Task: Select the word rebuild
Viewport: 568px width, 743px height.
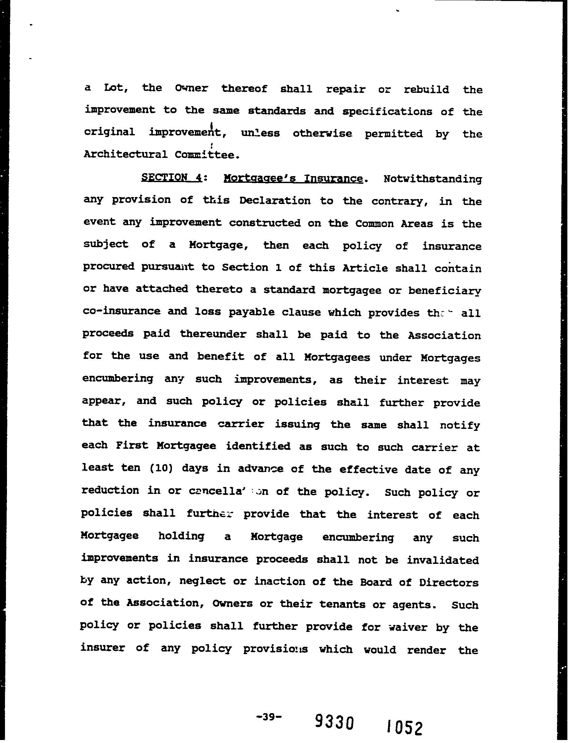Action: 427,90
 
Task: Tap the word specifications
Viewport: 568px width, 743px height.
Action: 387,112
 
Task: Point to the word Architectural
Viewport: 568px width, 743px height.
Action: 125,155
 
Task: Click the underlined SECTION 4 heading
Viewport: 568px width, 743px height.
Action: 172,177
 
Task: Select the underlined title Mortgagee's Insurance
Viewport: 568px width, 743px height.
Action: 294,178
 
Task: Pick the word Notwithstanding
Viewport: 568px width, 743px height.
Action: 432,179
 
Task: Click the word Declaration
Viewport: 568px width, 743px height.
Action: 275,201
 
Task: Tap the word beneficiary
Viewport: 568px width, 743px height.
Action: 444,291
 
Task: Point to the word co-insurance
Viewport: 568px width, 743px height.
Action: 122,311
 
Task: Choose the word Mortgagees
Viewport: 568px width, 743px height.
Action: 337,357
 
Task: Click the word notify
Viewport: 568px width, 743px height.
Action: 460,425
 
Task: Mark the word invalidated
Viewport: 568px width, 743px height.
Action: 443,560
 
